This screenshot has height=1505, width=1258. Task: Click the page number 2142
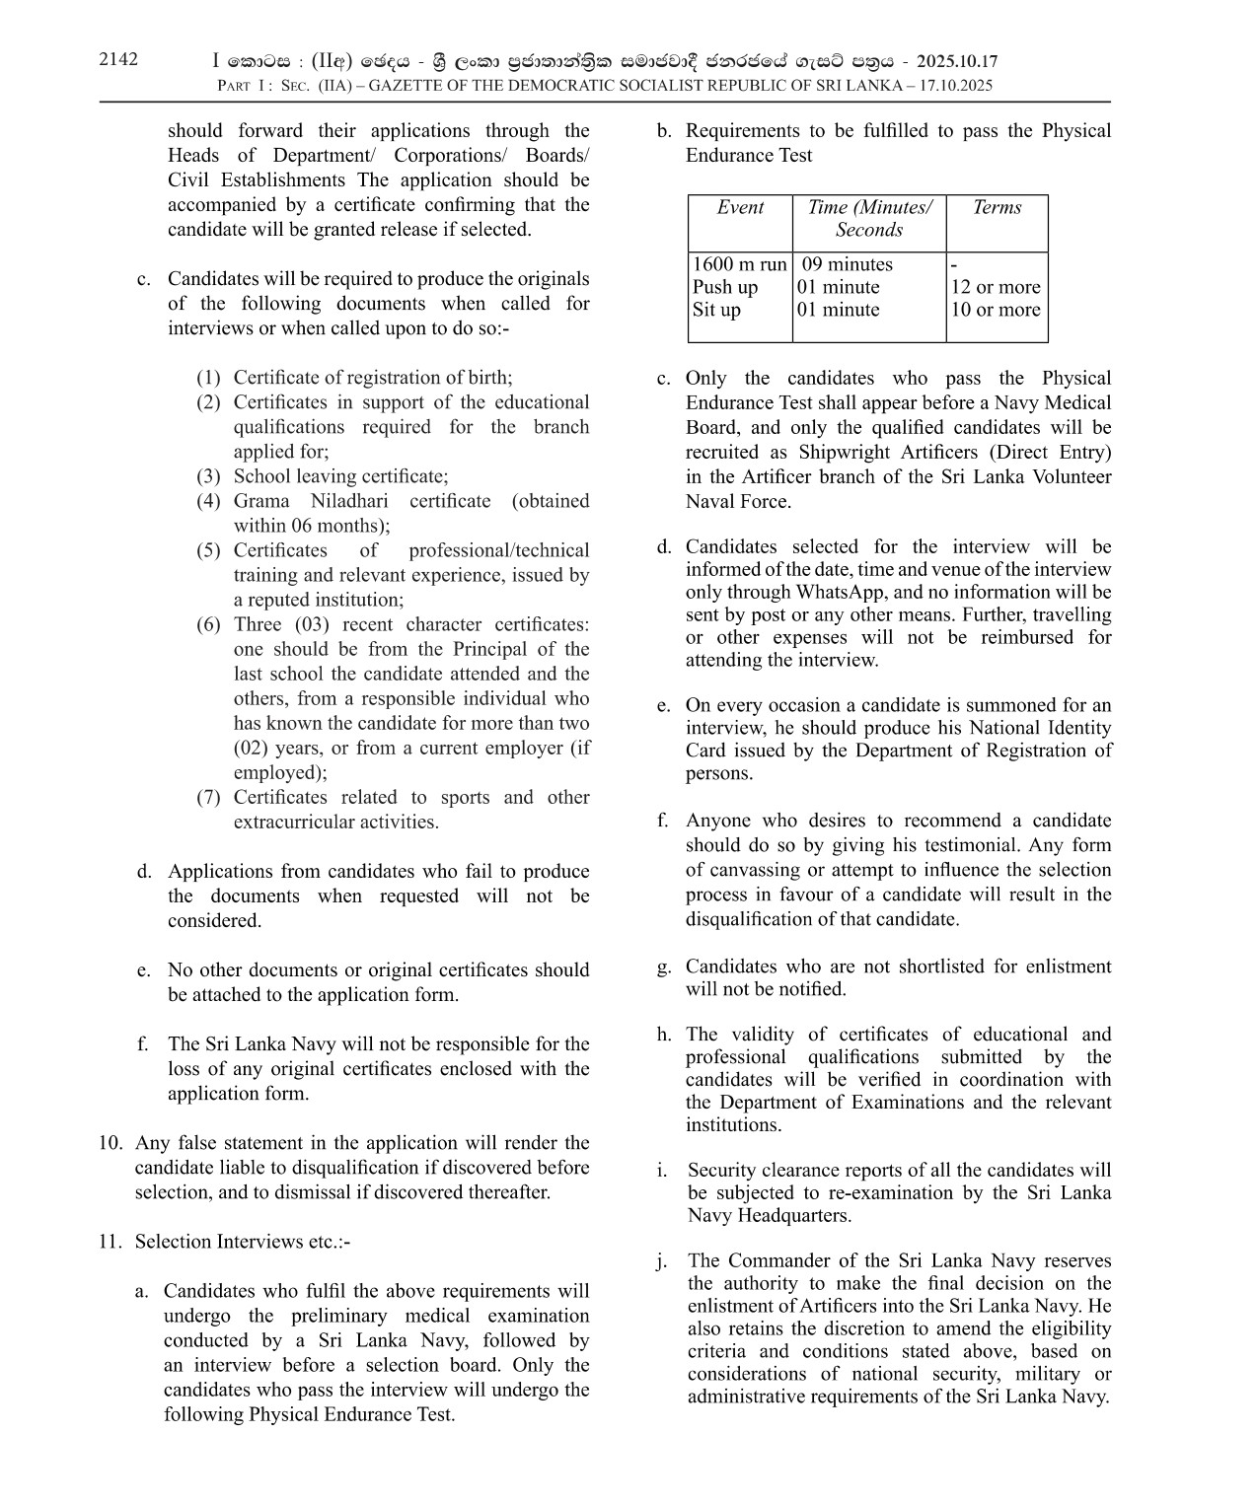coord(118,59)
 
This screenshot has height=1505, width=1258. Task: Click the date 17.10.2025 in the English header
coord(954,86)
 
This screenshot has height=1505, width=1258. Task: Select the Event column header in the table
coord(740,207)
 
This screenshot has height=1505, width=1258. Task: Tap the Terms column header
coord(997,207)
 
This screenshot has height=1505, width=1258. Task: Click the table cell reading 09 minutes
coord(847,264)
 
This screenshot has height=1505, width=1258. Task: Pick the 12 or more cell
coord(996,287)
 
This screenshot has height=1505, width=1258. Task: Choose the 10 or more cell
coord(996,310)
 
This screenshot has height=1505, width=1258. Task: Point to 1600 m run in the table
coord(740,264)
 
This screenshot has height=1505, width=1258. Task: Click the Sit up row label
coord(716,310)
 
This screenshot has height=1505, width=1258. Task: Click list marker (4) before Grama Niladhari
coord(208,501)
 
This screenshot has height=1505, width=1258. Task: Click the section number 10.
coord(110,1143)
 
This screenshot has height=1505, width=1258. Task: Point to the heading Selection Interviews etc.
coord(242,1242)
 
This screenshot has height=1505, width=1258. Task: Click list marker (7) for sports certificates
coord(208,798)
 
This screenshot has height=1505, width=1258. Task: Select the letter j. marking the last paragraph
coord(662,1261)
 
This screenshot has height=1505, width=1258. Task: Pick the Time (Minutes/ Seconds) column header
coord(868,218)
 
